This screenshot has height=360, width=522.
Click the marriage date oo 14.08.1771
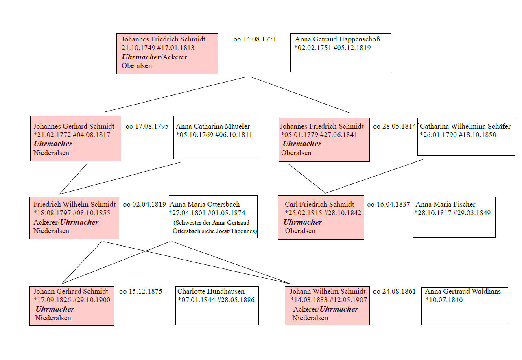click(255, 39)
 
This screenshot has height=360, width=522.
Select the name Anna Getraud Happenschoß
click(337, 39)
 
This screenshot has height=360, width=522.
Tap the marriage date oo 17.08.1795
click(147, 126)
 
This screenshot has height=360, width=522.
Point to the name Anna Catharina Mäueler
click(213, 126)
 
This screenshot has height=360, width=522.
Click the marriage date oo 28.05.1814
click(394, 126)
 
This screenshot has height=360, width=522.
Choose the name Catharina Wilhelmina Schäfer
click(465, 126)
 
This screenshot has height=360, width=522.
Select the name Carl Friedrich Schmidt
click(319, 204)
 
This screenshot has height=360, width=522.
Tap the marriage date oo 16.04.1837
click(389, 204)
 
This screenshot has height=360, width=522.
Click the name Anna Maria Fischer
click(446, 204)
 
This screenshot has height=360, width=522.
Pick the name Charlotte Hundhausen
click(211, 291)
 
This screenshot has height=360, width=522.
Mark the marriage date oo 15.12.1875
click(140, 291)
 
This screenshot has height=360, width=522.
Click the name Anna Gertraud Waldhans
click(463, 291)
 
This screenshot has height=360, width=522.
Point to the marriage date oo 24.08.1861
click(394, 291)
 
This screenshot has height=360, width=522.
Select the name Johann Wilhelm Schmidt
click(328, 291)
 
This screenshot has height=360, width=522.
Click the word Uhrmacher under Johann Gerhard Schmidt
click(55, 309)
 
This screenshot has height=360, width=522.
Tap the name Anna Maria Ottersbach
click(205, 204)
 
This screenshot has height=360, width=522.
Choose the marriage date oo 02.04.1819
click(144, 204)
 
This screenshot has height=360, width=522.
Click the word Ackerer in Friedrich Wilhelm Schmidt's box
click(46, 222)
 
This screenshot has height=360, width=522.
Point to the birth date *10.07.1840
click(444, 300)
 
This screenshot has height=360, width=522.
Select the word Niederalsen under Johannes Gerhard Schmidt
click(51, 153)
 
